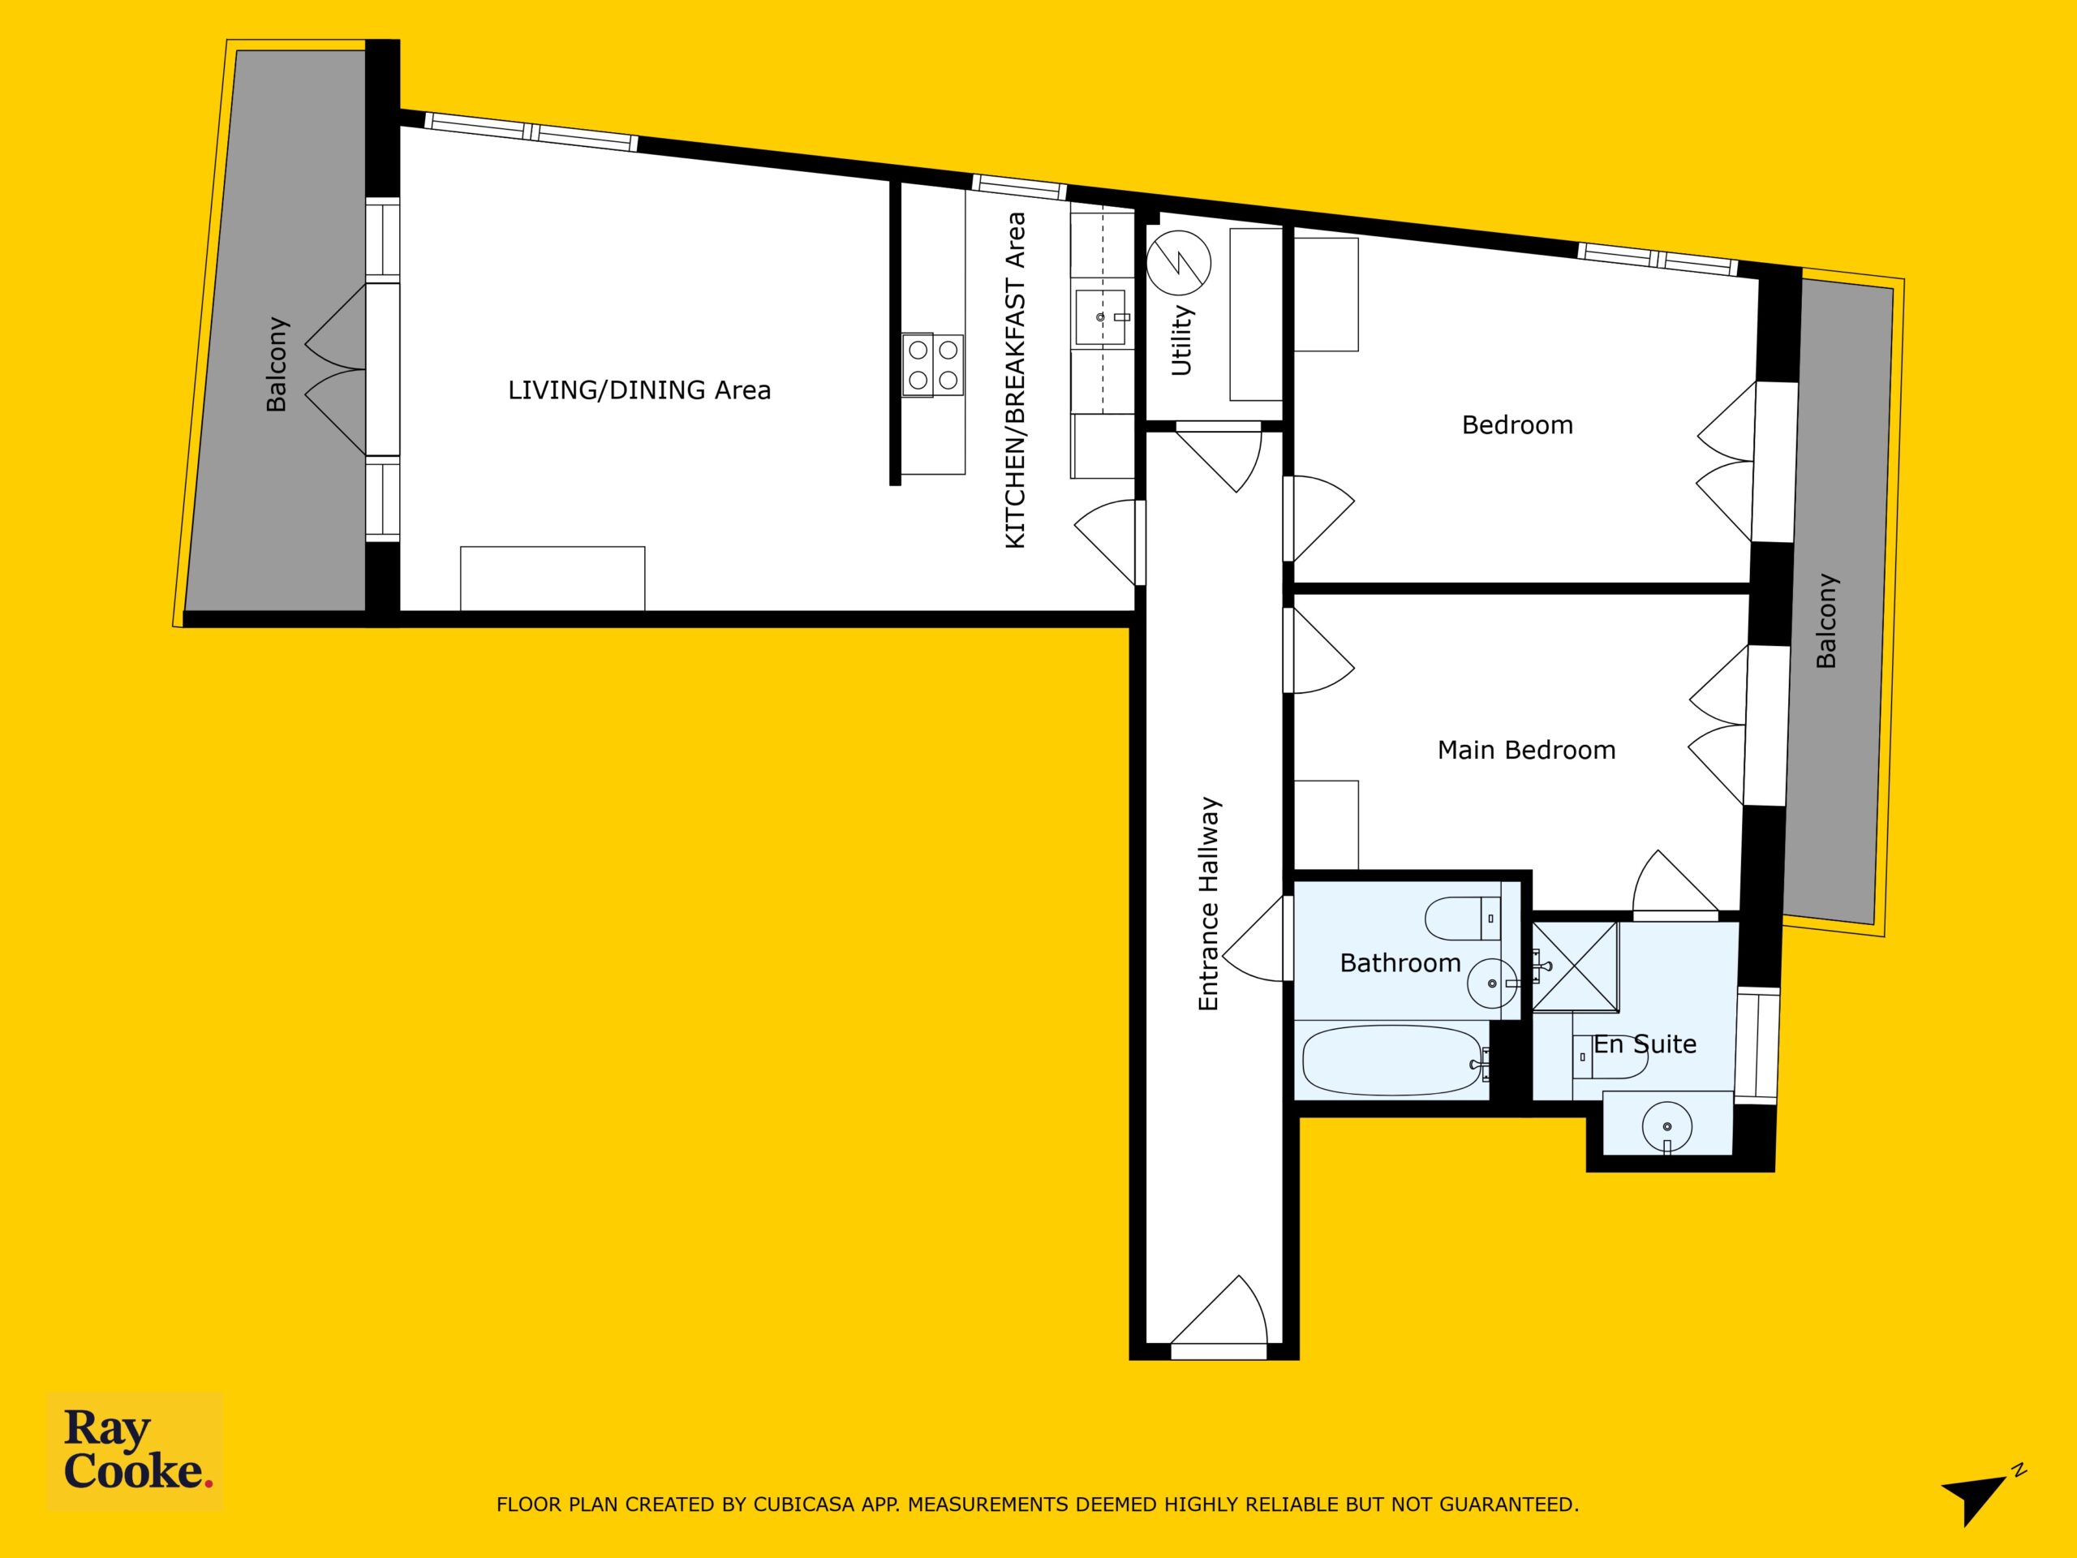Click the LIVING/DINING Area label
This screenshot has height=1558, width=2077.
639,389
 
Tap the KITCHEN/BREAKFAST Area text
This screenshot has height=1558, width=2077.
1015,381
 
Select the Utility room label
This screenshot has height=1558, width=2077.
1181,341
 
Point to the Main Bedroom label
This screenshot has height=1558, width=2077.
1527,750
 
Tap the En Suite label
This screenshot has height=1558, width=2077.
1645,1044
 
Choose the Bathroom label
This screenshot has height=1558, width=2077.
1400,962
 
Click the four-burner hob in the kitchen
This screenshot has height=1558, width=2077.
933,364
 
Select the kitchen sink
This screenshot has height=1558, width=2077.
1100,317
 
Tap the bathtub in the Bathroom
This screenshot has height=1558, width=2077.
1392,1061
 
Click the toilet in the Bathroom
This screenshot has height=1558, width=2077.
1463,919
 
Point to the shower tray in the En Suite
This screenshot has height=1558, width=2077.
1576,966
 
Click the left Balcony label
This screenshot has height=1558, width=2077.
276,364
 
